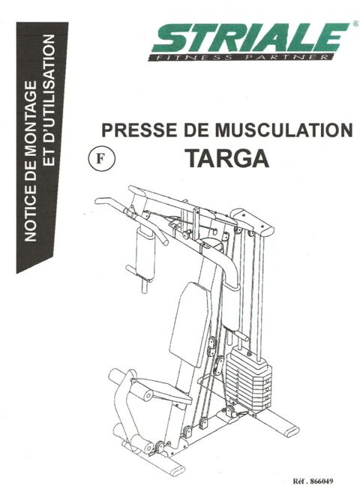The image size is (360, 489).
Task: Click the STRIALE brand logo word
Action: tap(248, 38)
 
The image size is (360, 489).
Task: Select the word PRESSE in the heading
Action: tap(134, 130)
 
